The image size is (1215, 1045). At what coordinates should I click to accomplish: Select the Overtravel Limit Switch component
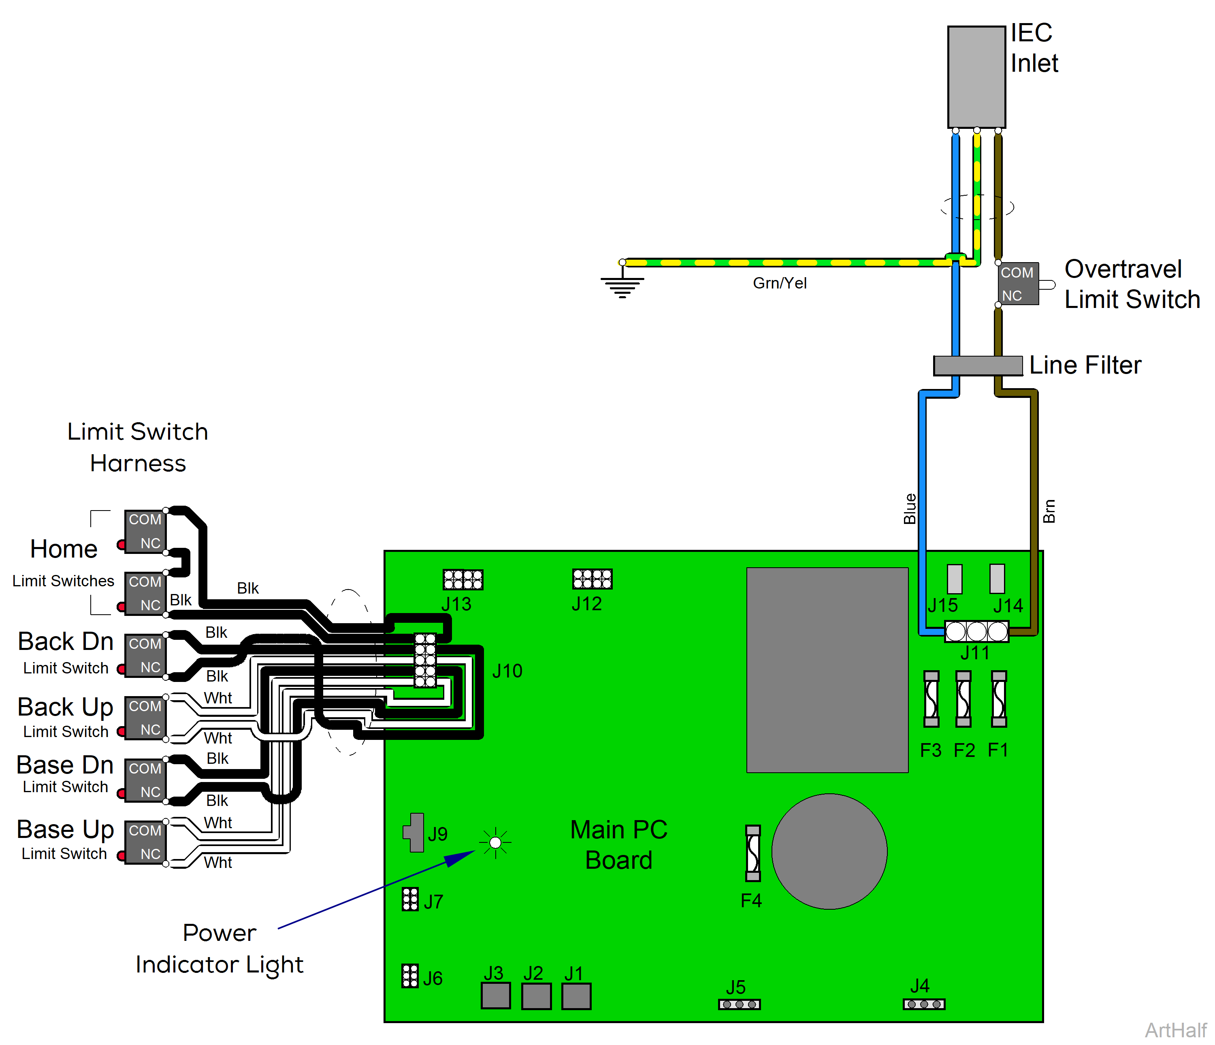point(1018,284)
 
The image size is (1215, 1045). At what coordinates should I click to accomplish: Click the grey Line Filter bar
point(978,365)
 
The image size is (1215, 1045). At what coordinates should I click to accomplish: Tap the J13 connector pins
point(463,580)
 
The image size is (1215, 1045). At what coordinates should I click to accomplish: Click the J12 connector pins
point(592,579)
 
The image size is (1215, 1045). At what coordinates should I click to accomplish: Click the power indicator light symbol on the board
point(495,842)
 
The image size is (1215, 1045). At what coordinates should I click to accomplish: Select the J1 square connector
point(576,996)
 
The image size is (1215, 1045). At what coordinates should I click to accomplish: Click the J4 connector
point(923,1004)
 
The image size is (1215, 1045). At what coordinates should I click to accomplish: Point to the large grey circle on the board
point(829,851)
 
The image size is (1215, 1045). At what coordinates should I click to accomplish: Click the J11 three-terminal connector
point(976,631)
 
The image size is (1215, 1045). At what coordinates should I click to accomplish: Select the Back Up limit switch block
point(145,718)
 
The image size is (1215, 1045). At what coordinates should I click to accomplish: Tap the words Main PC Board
point(619,845)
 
